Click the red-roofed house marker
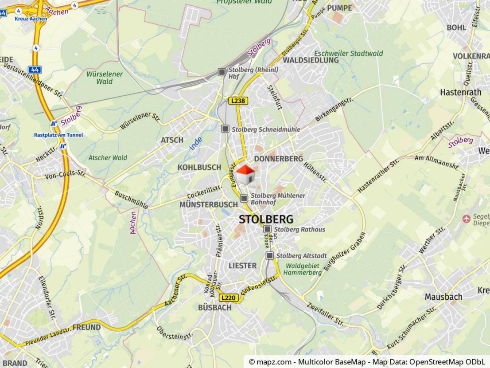point(245,175)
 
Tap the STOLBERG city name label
point(266,219)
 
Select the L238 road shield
point(238,101)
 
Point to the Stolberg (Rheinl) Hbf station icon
point(222,72)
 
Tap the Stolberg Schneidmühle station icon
point(225,129)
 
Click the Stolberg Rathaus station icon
point(267,229)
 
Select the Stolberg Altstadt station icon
point(270,255)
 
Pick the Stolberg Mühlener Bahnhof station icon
point(244,198)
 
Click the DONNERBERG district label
point(279,158)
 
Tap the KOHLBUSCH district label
point(199,167)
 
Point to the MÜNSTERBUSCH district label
point(209,204)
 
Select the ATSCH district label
point(172,140)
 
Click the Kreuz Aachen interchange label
point(31,19)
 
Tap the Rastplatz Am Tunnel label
point(58,135)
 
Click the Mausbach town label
point(443,297)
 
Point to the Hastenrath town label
point(460,92)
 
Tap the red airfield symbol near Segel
point(466,219)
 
